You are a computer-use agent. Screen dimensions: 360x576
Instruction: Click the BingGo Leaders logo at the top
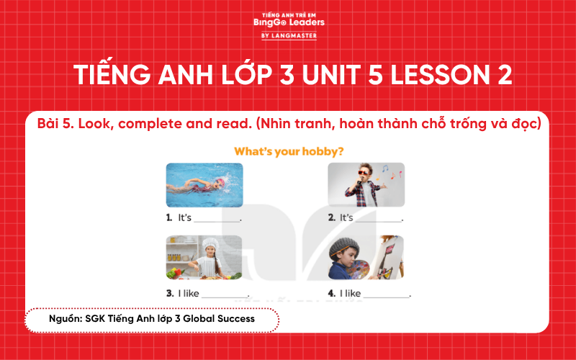(x=289, y=22)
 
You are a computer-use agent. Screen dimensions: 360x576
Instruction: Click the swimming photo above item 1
(x=204, y=185)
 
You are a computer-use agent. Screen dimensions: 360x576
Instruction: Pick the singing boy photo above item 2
(x=366, y=185)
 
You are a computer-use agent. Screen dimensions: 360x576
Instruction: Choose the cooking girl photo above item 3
(x=204, y=257)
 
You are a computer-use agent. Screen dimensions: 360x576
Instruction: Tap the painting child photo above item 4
(x=366, y=257)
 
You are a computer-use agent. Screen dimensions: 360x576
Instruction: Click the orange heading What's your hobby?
(x=288, y=152)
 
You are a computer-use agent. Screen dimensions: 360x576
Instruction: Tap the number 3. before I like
(x=169, y=293)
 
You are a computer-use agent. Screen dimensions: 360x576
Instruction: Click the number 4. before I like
(x=331, y=293)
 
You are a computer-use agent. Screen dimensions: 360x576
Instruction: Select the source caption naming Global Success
(x=152, y=318)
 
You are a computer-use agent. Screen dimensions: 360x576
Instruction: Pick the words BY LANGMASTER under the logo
(x=289, y=35)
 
